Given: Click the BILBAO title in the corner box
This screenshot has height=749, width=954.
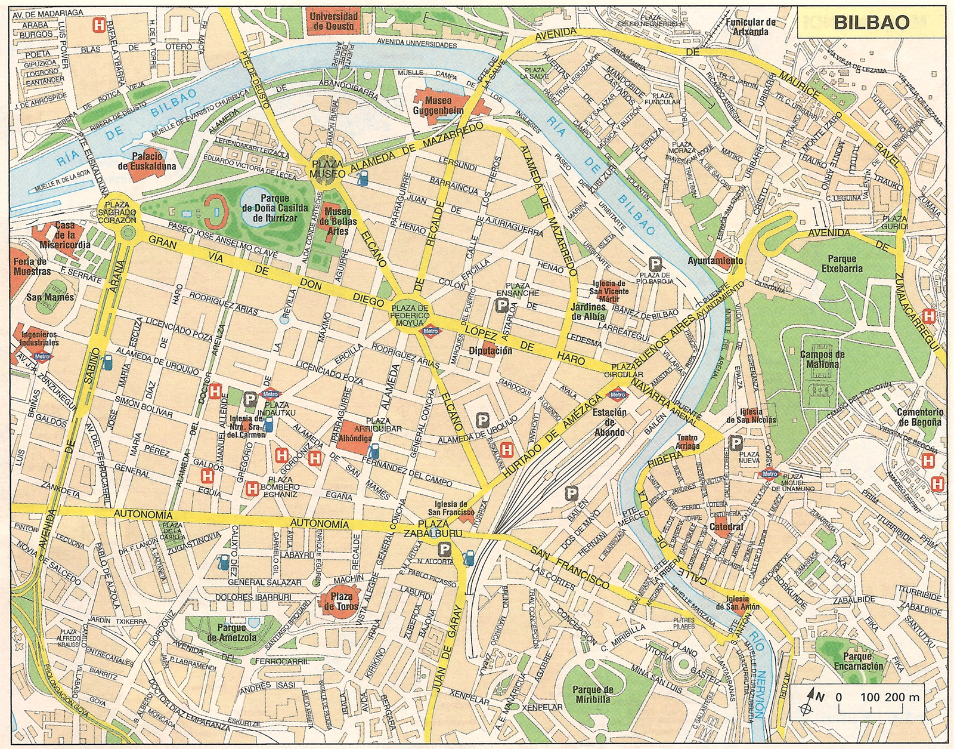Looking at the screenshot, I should coord(871,23).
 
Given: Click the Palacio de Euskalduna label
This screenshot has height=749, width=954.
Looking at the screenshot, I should coord(147,161).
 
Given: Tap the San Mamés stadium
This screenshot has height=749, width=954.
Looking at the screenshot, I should coord(51,297).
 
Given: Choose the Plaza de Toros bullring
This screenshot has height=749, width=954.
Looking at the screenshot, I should coord(339,601).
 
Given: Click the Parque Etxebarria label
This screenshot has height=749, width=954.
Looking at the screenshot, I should coord(842,264).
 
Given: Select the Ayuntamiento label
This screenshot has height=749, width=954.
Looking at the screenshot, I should coord(715,261).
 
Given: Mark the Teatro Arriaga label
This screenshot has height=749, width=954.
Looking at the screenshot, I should coord(687,442).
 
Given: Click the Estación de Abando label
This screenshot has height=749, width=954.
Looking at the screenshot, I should coord(609,422).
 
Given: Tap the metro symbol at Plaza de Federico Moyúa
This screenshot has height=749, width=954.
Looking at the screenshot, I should coord(430,329).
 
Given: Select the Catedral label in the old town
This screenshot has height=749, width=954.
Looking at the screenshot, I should coord(726,527).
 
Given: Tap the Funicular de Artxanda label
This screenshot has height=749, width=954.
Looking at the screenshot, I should coord(751,27).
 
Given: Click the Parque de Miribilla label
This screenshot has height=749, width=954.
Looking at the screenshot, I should coord(593,694).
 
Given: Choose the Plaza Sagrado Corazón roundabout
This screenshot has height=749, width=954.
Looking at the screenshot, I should coord(118,212).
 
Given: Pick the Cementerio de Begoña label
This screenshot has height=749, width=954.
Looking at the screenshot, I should coord(921,417).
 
